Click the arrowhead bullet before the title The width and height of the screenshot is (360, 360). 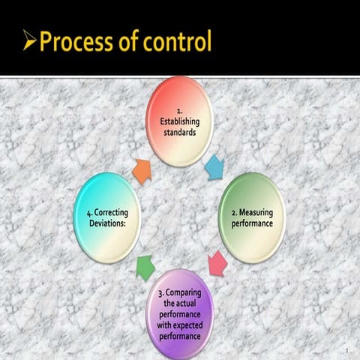(29, 41)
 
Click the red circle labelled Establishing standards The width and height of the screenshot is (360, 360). (180, 120)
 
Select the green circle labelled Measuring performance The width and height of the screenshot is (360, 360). (251, 217)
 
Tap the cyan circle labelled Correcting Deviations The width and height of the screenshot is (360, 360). (107, 217)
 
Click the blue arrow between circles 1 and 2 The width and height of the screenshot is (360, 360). (214, 166)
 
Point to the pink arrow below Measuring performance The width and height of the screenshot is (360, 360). (217, 263)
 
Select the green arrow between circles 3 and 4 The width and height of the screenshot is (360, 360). (145, 268)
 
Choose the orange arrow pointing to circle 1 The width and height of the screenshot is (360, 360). (141, 170)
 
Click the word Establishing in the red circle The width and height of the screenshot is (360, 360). (180, 122)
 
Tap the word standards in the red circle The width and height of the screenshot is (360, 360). (180, 133)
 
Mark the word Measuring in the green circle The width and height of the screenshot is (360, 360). (256, 213)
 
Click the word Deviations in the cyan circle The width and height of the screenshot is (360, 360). (105, 223)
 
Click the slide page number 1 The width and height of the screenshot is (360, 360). (347, 351)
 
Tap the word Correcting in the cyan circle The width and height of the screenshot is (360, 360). (109, 213)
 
